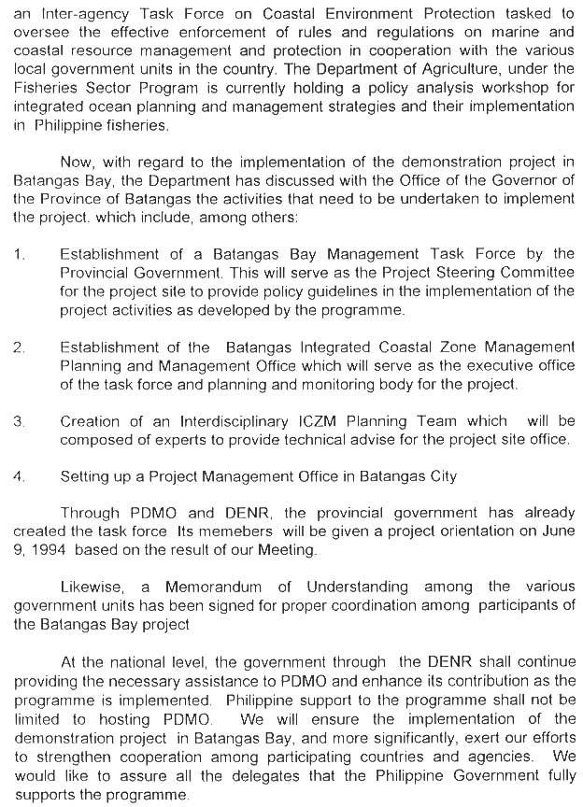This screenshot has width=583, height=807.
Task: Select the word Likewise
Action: point(92,587)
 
